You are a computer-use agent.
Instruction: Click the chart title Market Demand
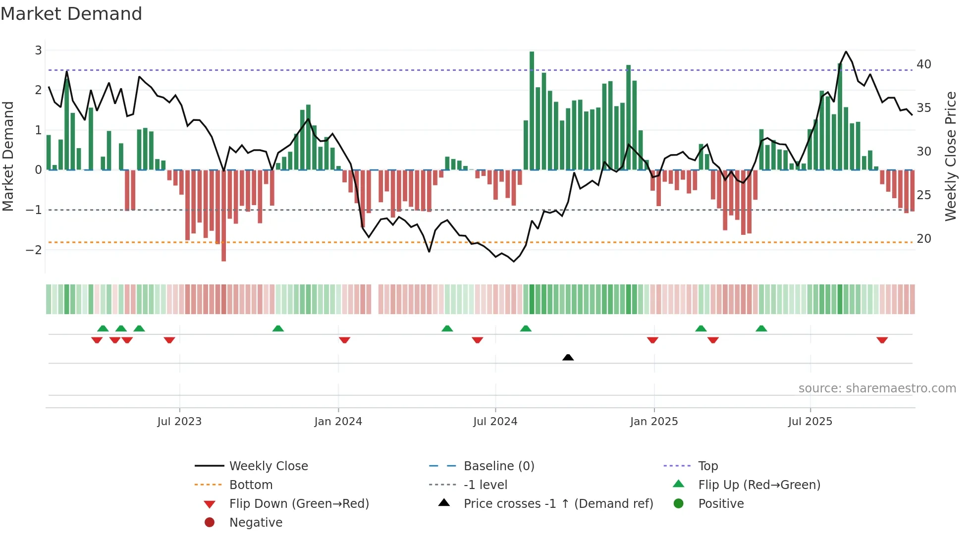pyautogui.click(x=71, y=14)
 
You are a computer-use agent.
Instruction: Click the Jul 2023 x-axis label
pyautogui.click(x=179, y=422)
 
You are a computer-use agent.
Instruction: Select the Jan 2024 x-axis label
pyautogui.click(x=338, y=422)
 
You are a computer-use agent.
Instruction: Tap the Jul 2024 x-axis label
pyautogui.click(x=495, y=422)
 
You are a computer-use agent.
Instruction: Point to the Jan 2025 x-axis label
pyautogui.click(x=654, y=422)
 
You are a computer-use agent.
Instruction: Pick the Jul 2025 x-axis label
pyautogui.click(x=810, y=422)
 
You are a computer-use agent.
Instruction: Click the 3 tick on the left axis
pyautogui.click(x=38, y=51)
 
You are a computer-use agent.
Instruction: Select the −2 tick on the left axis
pyautogui.click(x=34, y=250)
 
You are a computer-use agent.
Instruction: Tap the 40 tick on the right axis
pyautogui.click(x=923, y=64)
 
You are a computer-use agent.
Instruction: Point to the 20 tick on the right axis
pyautogui.click(x=923, y=239)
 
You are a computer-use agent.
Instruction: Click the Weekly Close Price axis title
pyautogui.click(x=950, y=156)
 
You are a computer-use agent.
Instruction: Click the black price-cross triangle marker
pyautogui.click(x=568, y=357)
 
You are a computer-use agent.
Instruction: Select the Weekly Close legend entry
pyautogui.click(x=268, y=466)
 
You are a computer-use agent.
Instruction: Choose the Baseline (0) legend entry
pyautogui.click(x=498, y=466)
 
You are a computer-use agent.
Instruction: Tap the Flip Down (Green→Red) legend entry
pyautogui.click(x=299, y=504)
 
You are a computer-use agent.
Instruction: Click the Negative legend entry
pyautogui.click(x=256, y=523)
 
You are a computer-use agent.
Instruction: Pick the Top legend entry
pyautogui.click(x=707, y=466)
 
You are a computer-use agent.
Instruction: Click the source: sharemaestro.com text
pyautogui.click(x=877, y=388)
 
